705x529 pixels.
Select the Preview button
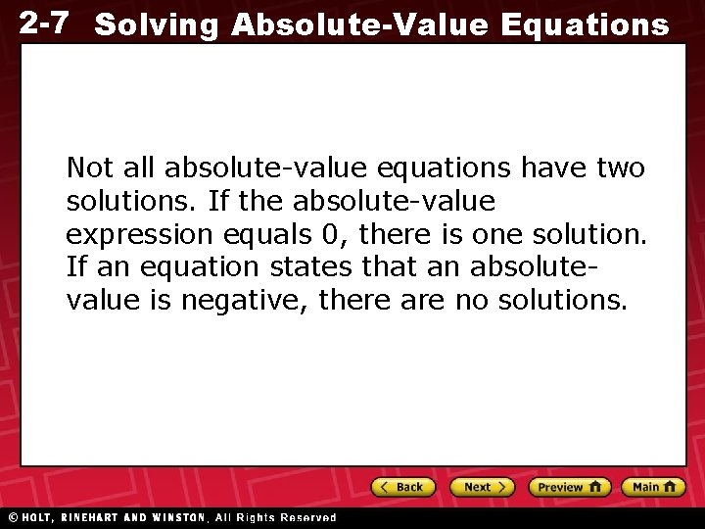[x=569, y=487]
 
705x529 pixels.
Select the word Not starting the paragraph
[x=86, y=168]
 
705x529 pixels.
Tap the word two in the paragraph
[x=621, y=168]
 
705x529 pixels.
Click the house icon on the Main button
[x=670, y=486]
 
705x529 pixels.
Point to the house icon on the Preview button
[x=595, y=486]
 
